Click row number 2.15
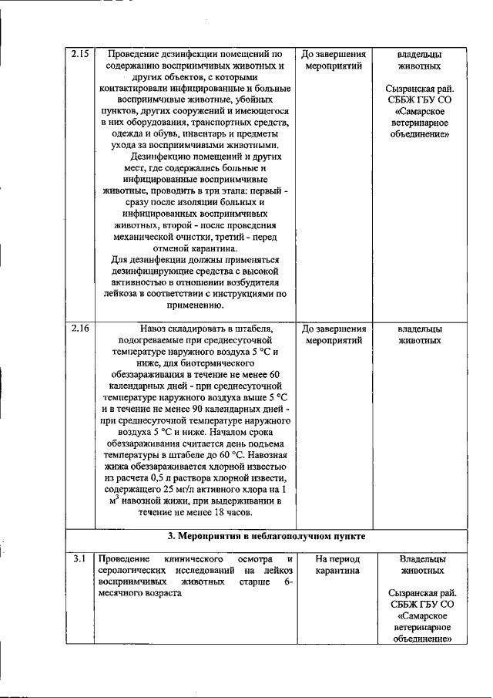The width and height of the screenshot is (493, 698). pyautogui.click(x=80, y=55)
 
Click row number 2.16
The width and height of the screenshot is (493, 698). pyautogui.click(x=80, y=329)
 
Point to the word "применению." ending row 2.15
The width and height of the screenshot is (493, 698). pyautogui.click(x=195, y=305)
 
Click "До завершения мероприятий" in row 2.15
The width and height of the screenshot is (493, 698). pyautogui.click(x=334, y=61)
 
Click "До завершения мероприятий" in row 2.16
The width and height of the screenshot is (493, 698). pyautogui.click(x=334, y=334)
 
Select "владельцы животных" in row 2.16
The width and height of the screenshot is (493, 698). pyautogui.click(x=419, y=334)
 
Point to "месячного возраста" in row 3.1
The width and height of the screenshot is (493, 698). pyautogui.click(x=139, y=593)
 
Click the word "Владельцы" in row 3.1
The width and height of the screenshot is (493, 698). pyautogui.click(x=423, y=558)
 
